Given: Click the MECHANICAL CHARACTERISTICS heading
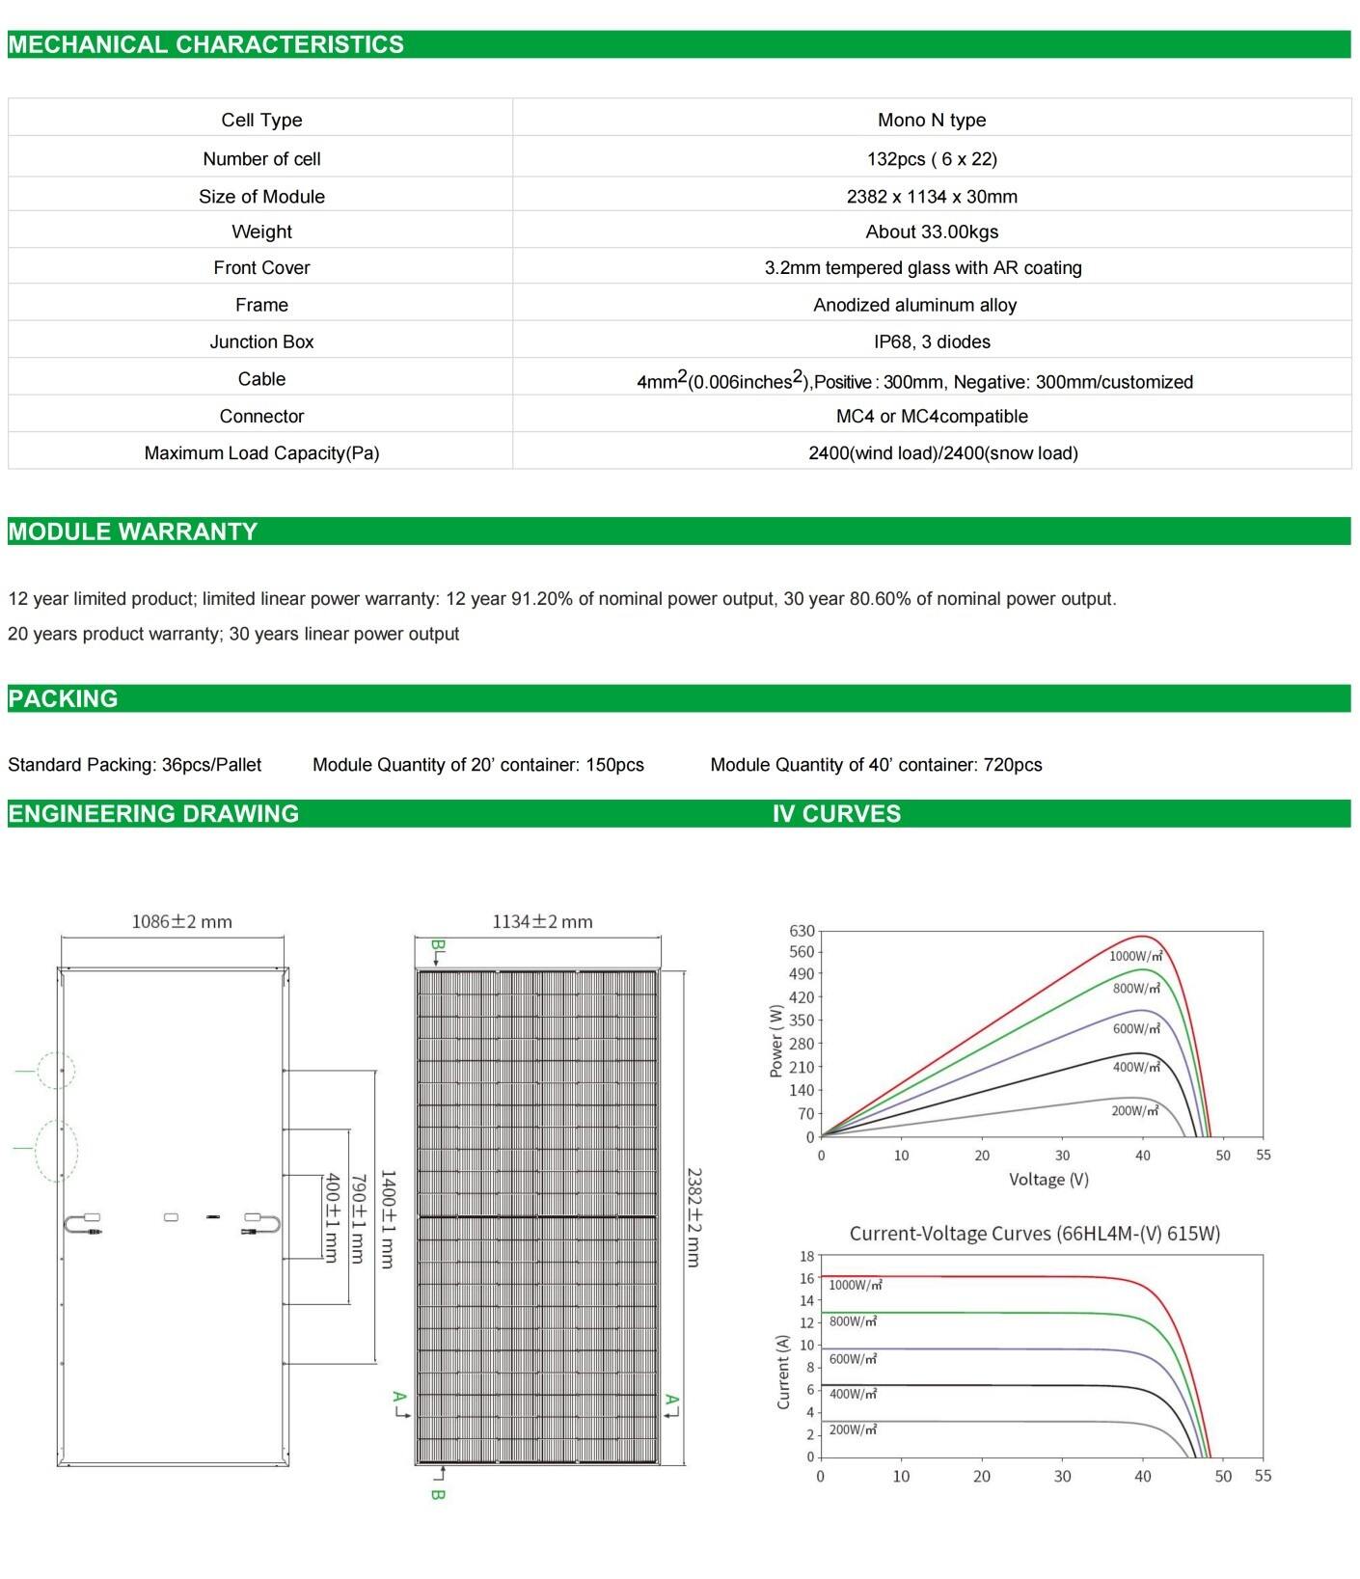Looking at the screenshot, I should point(205,44).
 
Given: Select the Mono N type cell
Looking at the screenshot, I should point(931,120).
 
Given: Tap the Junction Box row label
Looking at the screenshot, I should point(261,341).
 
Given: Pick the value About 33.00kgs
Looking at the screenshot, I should point(931,231).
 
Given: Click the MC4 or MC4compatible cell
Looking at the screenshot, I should point(931,416).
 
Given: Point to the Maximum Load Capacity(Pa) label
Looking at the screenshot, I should point(261,452).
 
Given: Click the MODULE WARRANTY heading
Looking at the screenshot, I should point(132,531).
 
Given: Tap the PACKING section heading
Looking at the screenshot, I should point(63,698).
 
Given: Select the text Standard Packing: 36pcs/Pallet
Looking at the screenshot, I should point(134,765).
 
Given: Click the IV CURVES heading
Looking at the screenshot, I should point(835,813).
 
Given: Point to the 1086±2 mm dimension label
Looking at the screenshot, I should point(181,921).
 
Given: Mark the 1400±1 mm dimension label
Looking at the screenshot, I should point(387,1219).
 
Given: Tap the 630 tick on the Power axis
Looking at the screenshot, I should point(802,931).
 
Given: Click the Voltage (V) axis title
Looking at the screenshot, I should point(1047,1179).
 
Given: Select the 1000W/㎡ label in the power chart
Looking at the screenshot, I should point(1135,956).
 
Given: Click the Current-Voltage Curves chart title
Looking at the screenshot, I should point(1034,1233).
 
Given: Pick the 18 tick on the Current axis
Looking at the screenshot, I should point(806,1256).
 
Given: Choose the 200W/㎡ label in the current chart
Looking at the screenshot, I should point(853,1429).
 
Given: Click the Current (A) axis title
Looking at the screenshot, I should point(783,1372).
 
